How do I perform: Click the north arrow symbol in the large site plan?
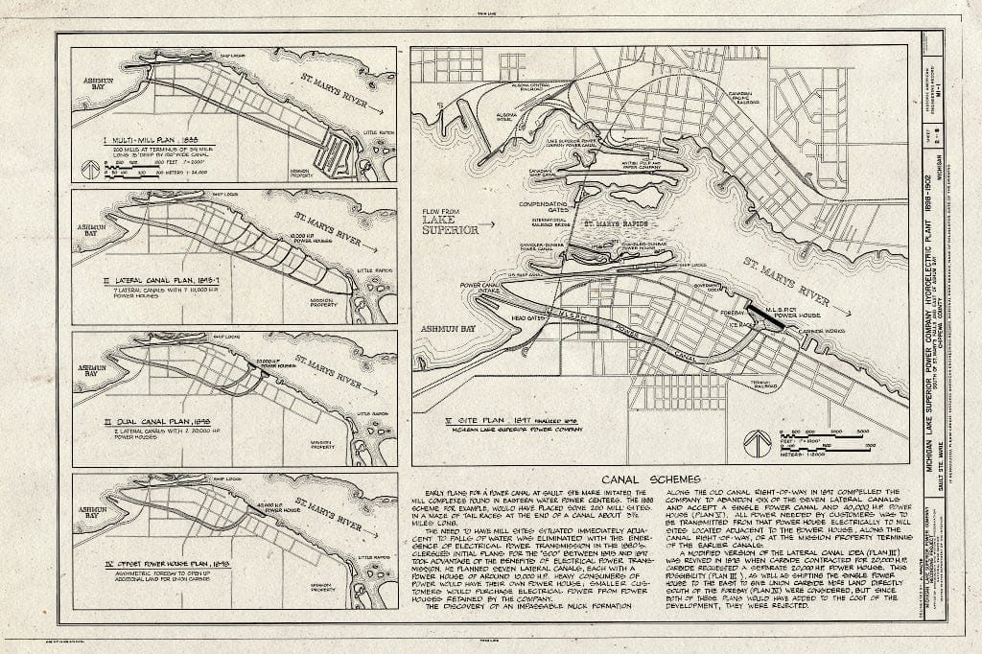[758, 442]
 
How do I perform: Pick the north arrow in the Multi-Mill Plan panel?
[89, 169]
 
